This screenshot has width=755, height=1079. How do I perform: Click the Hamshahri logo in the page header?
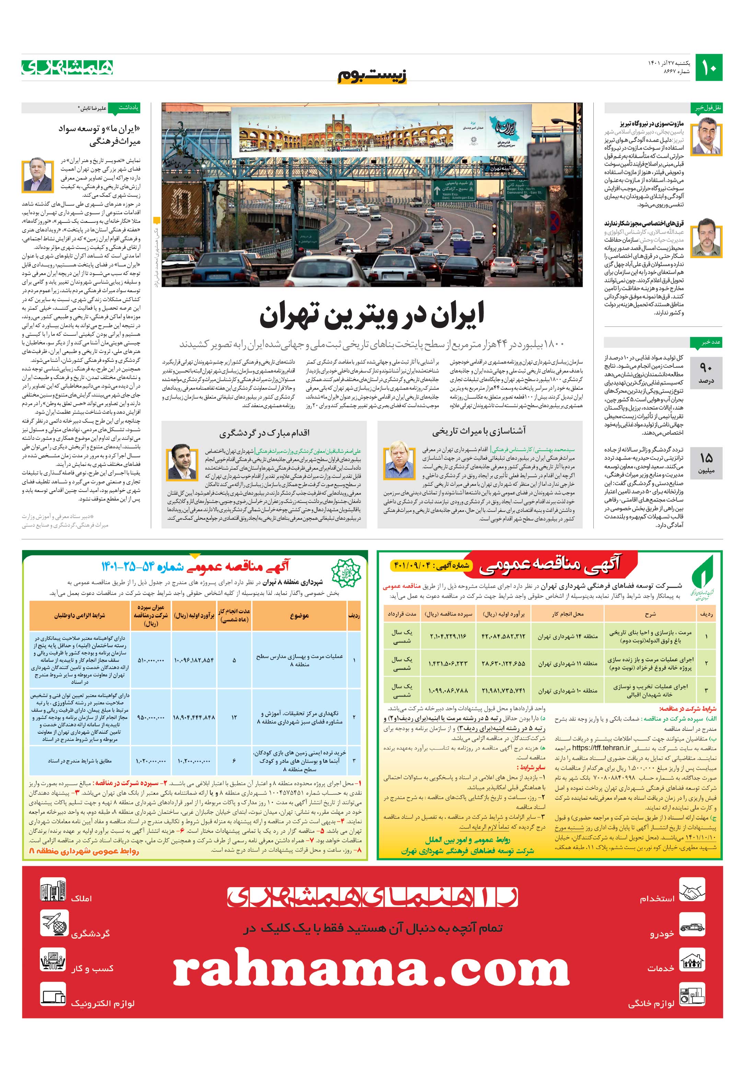[67, 67]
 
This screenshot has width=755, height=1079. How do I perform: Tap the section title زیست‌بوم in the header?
[372, 75]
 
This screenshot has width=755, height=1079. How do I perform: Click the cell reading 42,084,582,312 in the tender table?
[503, 636]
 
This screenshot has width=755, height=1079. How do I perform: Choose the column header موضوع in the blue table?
[299, 615]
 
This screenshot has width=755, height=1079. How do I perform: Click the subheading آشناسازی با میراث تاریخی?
[479, 431]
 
